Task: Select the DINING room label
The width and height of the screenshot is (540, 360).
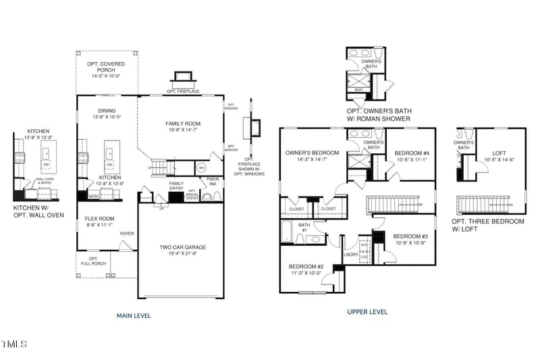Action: [x=107, y=111]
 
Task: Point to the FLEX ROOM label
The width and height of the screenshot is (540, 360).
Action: [x=100, y=219]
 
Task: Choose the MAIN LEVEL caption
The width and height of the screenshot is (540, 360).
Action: [x=134, y=315]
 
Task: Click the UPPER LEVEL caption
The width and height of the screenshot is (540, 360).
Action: [x=367, y=312]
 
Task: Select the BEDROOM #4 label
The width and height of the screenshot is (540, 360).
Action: [x=409, y=153]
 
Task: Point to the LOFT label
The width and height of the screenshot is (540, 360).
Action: [x=500, y=153]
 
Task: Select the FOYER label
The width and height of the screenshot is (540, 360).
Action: [x=126, y=234]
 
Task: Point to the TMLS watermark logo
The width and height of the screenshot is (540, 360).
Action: [x=14, y=344]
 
